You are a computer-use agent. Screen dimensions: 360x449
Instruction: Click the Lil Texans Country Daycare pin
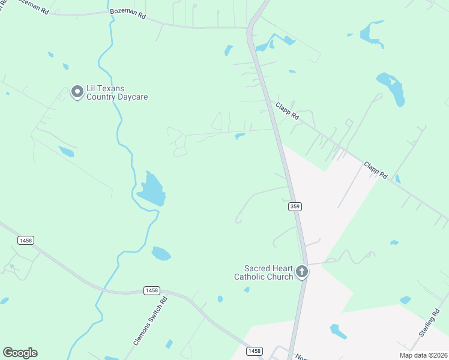pos(77,92)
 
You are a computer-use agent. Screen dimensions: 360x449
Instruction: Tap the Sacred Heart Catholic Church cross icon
pos(302,272)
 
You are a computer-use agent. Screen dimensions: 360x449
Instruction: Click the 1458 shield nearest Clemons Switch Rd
pos(152,290)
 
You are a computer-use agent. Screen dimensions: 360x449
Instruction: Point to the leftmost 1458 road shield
pos(26,240)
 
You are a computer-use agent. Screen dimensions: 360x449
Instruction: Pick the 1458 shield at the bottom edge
pos(255,350)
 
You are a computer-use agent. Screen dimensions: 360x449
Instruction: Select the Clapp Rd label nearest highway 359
pos(287,110)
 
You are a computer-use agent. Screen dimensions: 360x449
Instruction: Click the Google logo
pos(20,353)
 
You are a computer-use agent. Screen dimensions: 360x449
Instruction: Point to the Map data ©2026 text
pos(423,355)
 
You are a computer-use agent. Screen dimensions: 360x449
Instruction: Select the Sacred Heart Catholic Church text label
pos(268,272)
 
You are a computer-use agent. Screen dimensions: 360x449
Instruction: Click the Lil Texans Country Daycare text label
pos(118,92)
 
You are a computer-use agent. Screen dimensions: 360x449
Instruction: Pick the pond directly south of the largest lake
pos(161,253)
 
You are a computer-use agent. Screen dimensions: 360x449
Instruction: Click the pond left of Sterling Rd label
pos(406,299)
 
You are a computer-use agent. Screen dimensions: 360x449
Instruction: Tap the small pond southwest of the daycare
pos(66,151)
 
